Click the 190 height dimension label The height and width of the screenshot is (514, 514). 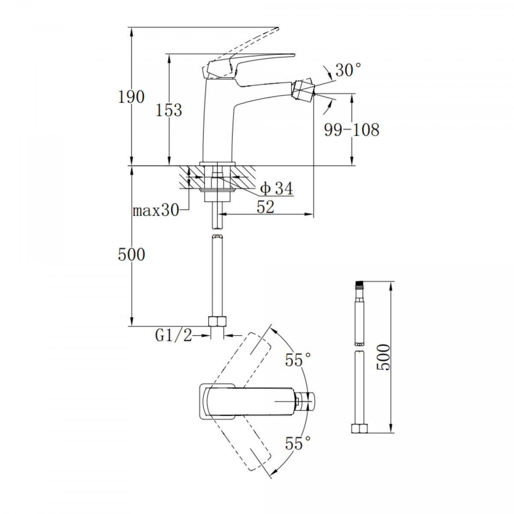131,97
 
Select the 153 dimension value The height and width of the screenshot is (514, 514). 169,110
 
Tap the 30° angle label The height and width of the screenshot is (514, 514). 348,70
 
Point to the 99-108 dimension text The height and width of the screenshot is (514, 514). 352,130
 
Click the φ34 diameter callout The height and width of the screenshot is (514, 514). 277,188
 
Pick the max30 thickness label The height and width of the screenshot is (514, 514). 155,211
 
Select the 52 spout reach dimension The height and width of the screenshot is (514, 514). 266,207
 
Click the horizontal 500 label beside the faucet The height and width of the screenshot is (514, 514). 131,254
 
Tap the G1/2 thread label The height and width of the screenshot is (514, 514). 173,336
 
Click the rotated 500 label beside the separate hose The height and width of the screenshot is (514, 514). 383,357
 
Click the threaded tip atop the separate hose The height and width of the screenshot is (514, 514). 359,284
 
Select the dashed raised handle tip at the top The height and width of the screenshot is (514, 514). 277,29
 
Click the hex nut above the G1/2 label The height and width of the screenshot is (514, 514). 217,321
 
